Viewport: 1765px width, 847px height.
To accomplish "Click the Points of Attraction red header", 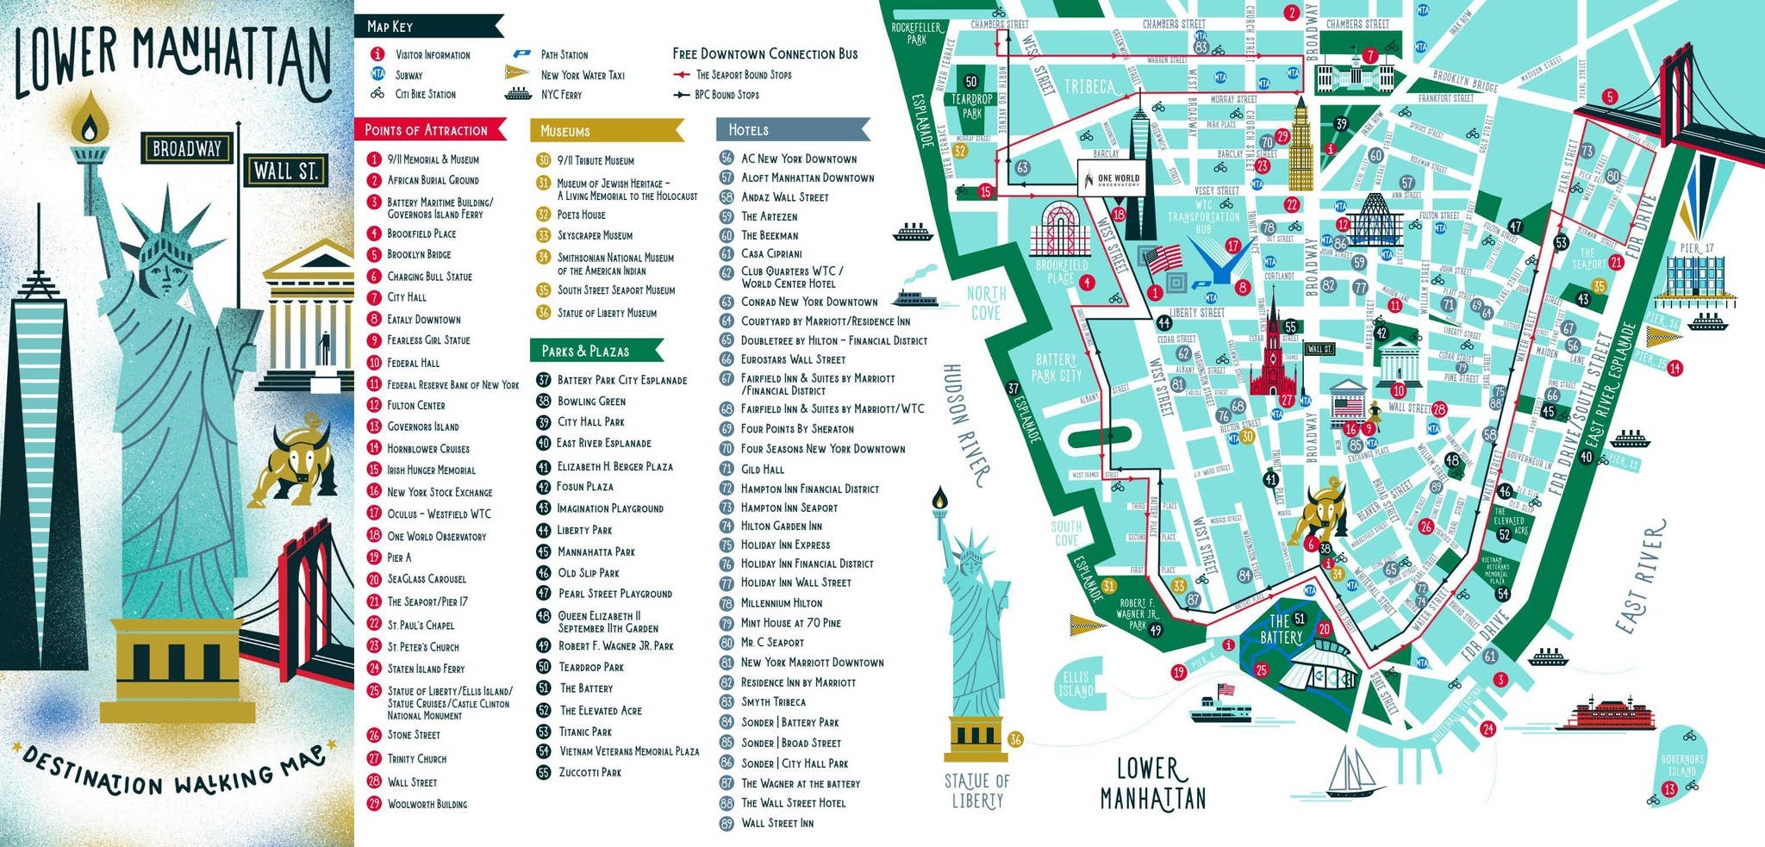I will (x=427, y=130).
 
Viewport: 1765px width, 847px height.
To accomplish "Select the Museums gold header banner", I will (x=603, y=131).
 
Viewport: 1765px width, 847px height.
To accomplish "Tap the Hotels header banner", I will (x=789, y=130).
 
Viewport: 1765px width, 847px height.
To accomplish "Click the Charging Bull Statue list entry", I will (x=428, y=277).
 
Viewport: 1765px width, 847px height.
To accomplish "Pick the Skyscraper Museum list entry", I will (x=594, y=235).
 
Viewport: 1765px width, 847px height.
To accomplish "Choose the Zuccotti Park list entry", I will (x=589, y=772).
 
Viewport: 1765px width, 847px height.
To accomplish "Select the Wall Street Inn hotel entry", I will (x=776, y=823).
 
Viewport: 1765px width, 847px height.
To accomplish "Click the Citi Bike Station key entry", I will (x=425, y=94).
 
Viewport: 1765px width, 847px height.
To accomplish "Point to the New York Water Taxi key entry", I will (x=582, y=75).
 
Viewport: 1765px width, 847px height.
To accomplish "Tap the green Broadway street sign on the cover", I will (x=187, y=148).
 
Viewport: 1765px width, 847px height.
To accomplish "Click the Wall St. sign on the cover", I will (x=286, y=171).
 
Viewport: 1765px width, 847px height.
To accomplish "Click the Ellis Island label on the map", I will (x=1076, y=684).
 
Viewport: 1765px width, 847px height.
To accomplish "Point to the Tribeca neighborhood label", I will (x=1091, y=87).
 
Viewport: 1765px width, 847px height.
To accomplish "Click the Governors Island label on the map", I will (x=1681, y=765).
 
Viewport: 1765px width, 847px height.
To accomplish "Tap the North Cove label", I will (x=986, y=302).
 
